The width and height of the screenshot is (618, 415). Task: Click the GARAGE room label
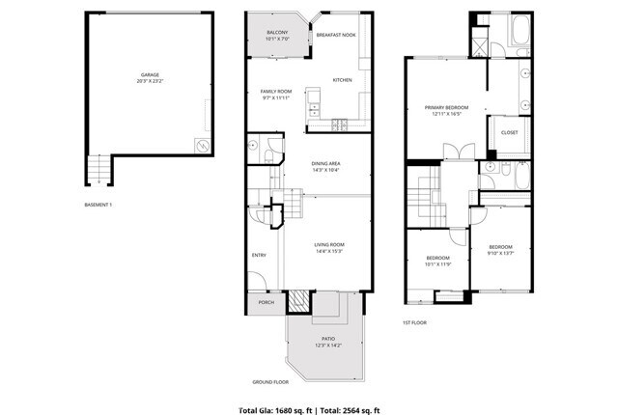[x=149, y=74]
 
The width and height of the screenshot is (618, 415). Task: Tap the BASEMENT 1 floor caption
[x=98, y=204]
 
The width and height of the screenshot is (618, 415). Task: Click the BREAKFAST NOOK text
[x=335, y=34]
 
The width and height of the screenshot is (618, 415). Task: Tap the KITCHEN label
[x=342, y=79]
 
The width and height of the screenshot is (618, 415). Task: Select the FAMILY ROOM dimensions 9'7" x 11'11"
[x=276, y=98]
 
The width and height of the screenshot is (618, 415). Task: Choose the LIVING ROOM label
[x=329, y=244]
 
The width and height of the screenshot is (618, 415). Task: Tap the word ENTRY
[x=259, y=255]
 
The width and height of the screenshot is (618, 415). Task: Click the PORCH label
[x=266, y=302]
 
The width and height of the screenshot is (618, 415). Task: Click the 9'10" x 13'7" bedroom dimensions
[x=500, y=253]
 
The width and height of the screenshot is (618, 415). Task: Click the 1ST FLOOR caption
[x=414, y=322]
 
